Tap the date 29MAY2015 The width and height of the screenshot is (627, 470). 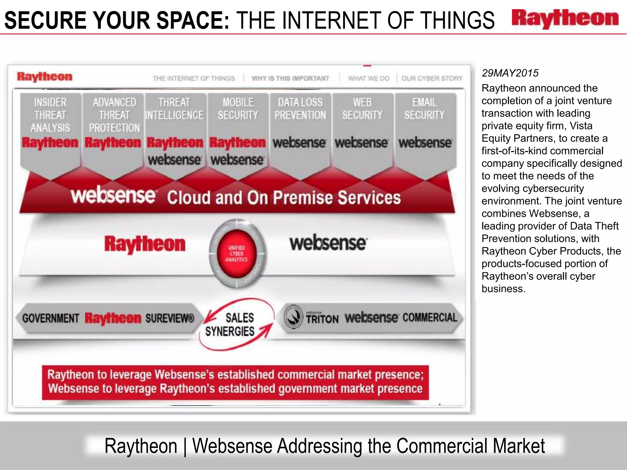tap(510, 73)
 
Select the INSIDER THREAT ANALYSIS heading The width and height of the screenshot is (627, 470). tap(50, 115)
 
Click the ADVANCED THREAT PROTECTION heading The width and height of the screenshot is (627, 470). tap(114, 115)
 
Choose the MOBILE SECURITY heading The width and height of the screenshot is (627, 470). tap(238, 109)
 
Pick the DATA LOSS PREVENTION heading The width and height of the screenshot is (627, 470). tap(300, 109)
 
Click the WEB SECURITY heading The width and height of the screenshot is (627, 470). tap(362, 109)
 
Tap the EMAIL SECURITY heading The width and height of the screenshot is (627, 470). tap(424, 109)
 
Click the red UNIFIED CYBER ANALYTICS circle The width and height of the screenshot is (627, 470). tap(236, 254)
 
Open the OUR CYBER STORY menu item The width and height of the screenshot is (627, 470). tap(432, 78)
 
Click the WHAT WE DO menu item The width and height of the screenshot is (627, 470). tap(368, 78)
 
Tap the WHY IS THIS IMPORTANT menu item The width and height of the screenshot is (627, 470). tap(290, 78)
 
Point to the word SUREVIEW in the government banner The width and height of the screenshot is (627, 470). tap(170, 318)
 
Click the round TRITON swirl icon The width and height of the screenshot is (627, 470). tap(294, 317)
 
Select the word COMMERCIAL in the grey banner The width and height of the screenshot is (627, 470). tap(430, 318)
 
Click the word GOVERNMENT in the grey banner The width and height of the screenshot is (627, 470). tap(51, 318)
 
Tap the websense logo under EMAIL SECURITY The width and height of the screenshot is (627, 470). tap(425, 143)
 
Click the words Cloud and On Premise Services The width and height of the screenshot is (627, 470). tap(284, 198)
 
